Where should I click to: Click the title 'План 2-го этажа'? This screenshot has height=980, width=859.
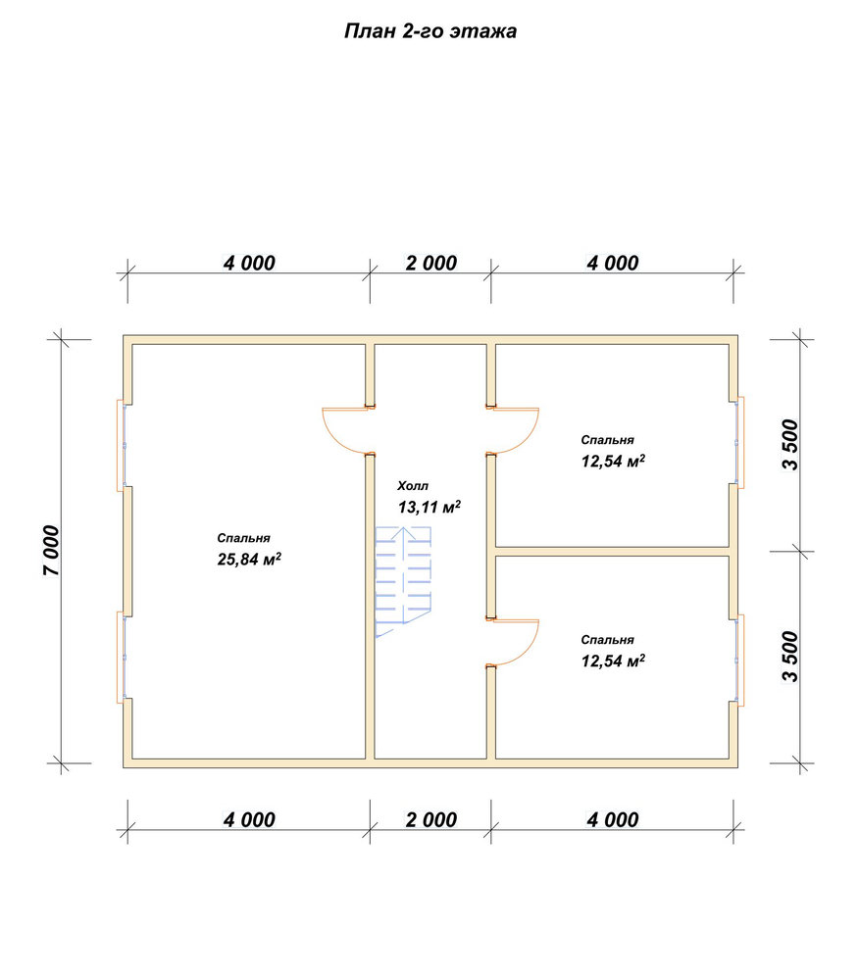430,31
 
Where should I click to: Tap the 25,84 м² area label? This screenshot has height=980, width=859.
249,559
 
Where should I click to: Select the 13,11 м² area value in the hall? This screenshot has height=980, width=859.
429,507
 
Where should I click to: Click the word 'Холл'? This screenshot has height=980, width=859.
413,486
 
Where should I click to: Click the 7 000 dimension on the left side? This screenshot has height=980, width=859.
51,551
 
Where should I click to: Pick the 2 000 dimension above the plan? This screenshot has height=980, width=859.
430,263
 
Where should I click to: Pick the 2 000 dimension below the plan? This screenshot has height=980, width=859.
430,819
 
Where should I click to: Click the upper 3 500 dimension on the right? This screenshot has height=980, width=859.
790,444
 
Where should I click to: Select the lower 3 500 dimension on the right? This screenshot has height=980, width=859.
790,657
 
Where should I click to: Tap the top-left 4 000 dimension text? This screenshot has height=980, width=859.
249,263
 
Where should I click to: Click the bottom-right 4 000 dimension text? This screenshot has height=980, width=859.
613,819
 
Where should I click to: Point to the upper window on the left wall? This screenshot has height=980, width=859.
122,445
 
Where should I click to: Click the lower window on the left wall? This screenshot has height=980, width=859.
122,658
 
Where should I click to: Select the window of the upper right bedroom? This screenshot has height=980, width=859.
739,442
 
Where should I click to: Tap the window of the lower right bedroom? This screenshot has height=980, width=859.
739,661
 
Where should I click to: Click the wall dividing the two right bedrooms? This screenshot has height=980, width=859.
613,551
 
